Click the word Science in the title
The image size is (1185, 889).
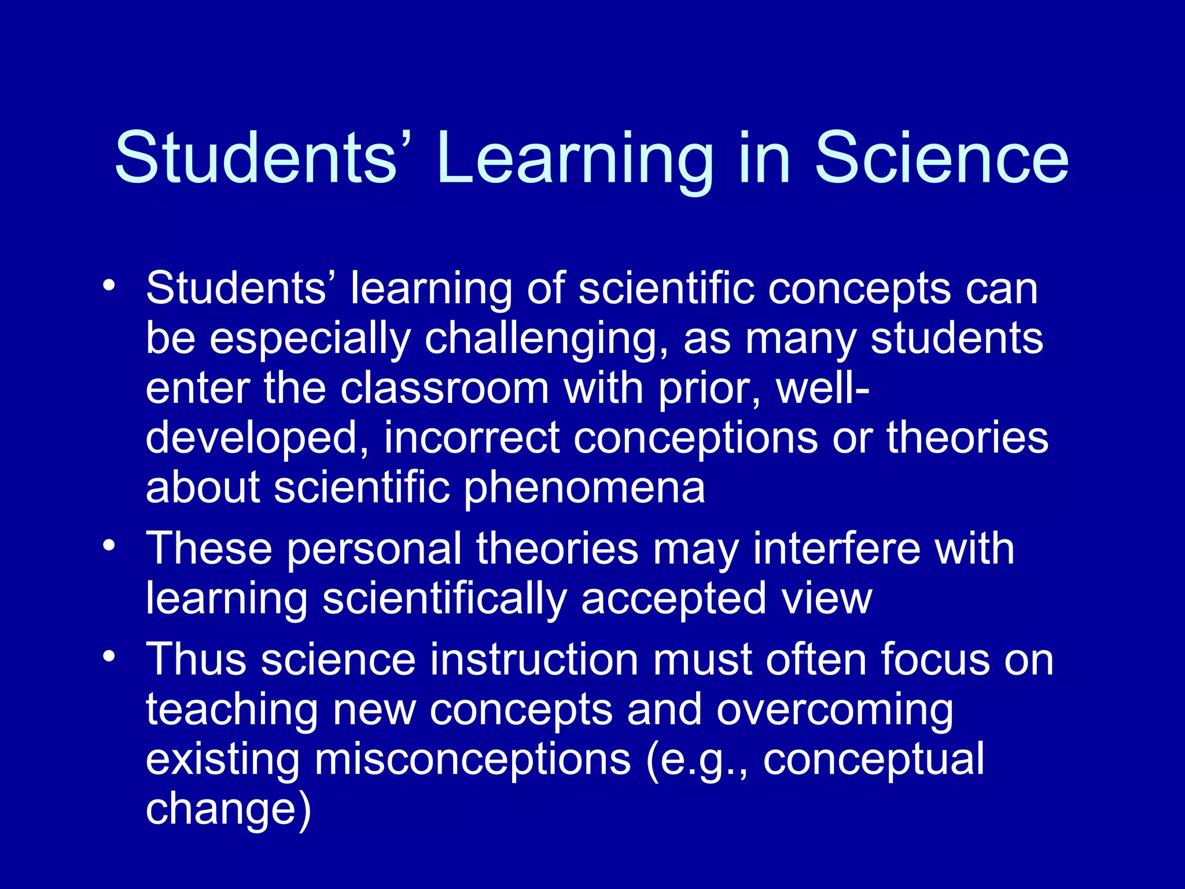click(x=941, y=157)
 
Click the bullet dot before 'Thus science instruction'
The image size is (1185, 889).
click(x=109, y=656)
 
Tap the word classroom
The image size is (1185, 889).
click(x=444, y=388)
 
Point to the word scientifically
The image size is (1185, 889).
click(x=444, y=599)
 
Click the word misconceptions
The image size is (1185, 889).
click(x=472, y=760)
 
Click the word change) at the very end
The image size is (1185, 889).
click(x=228, y=809)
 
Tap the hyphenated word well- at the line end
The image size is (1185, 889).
click(x=822, y=388)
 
